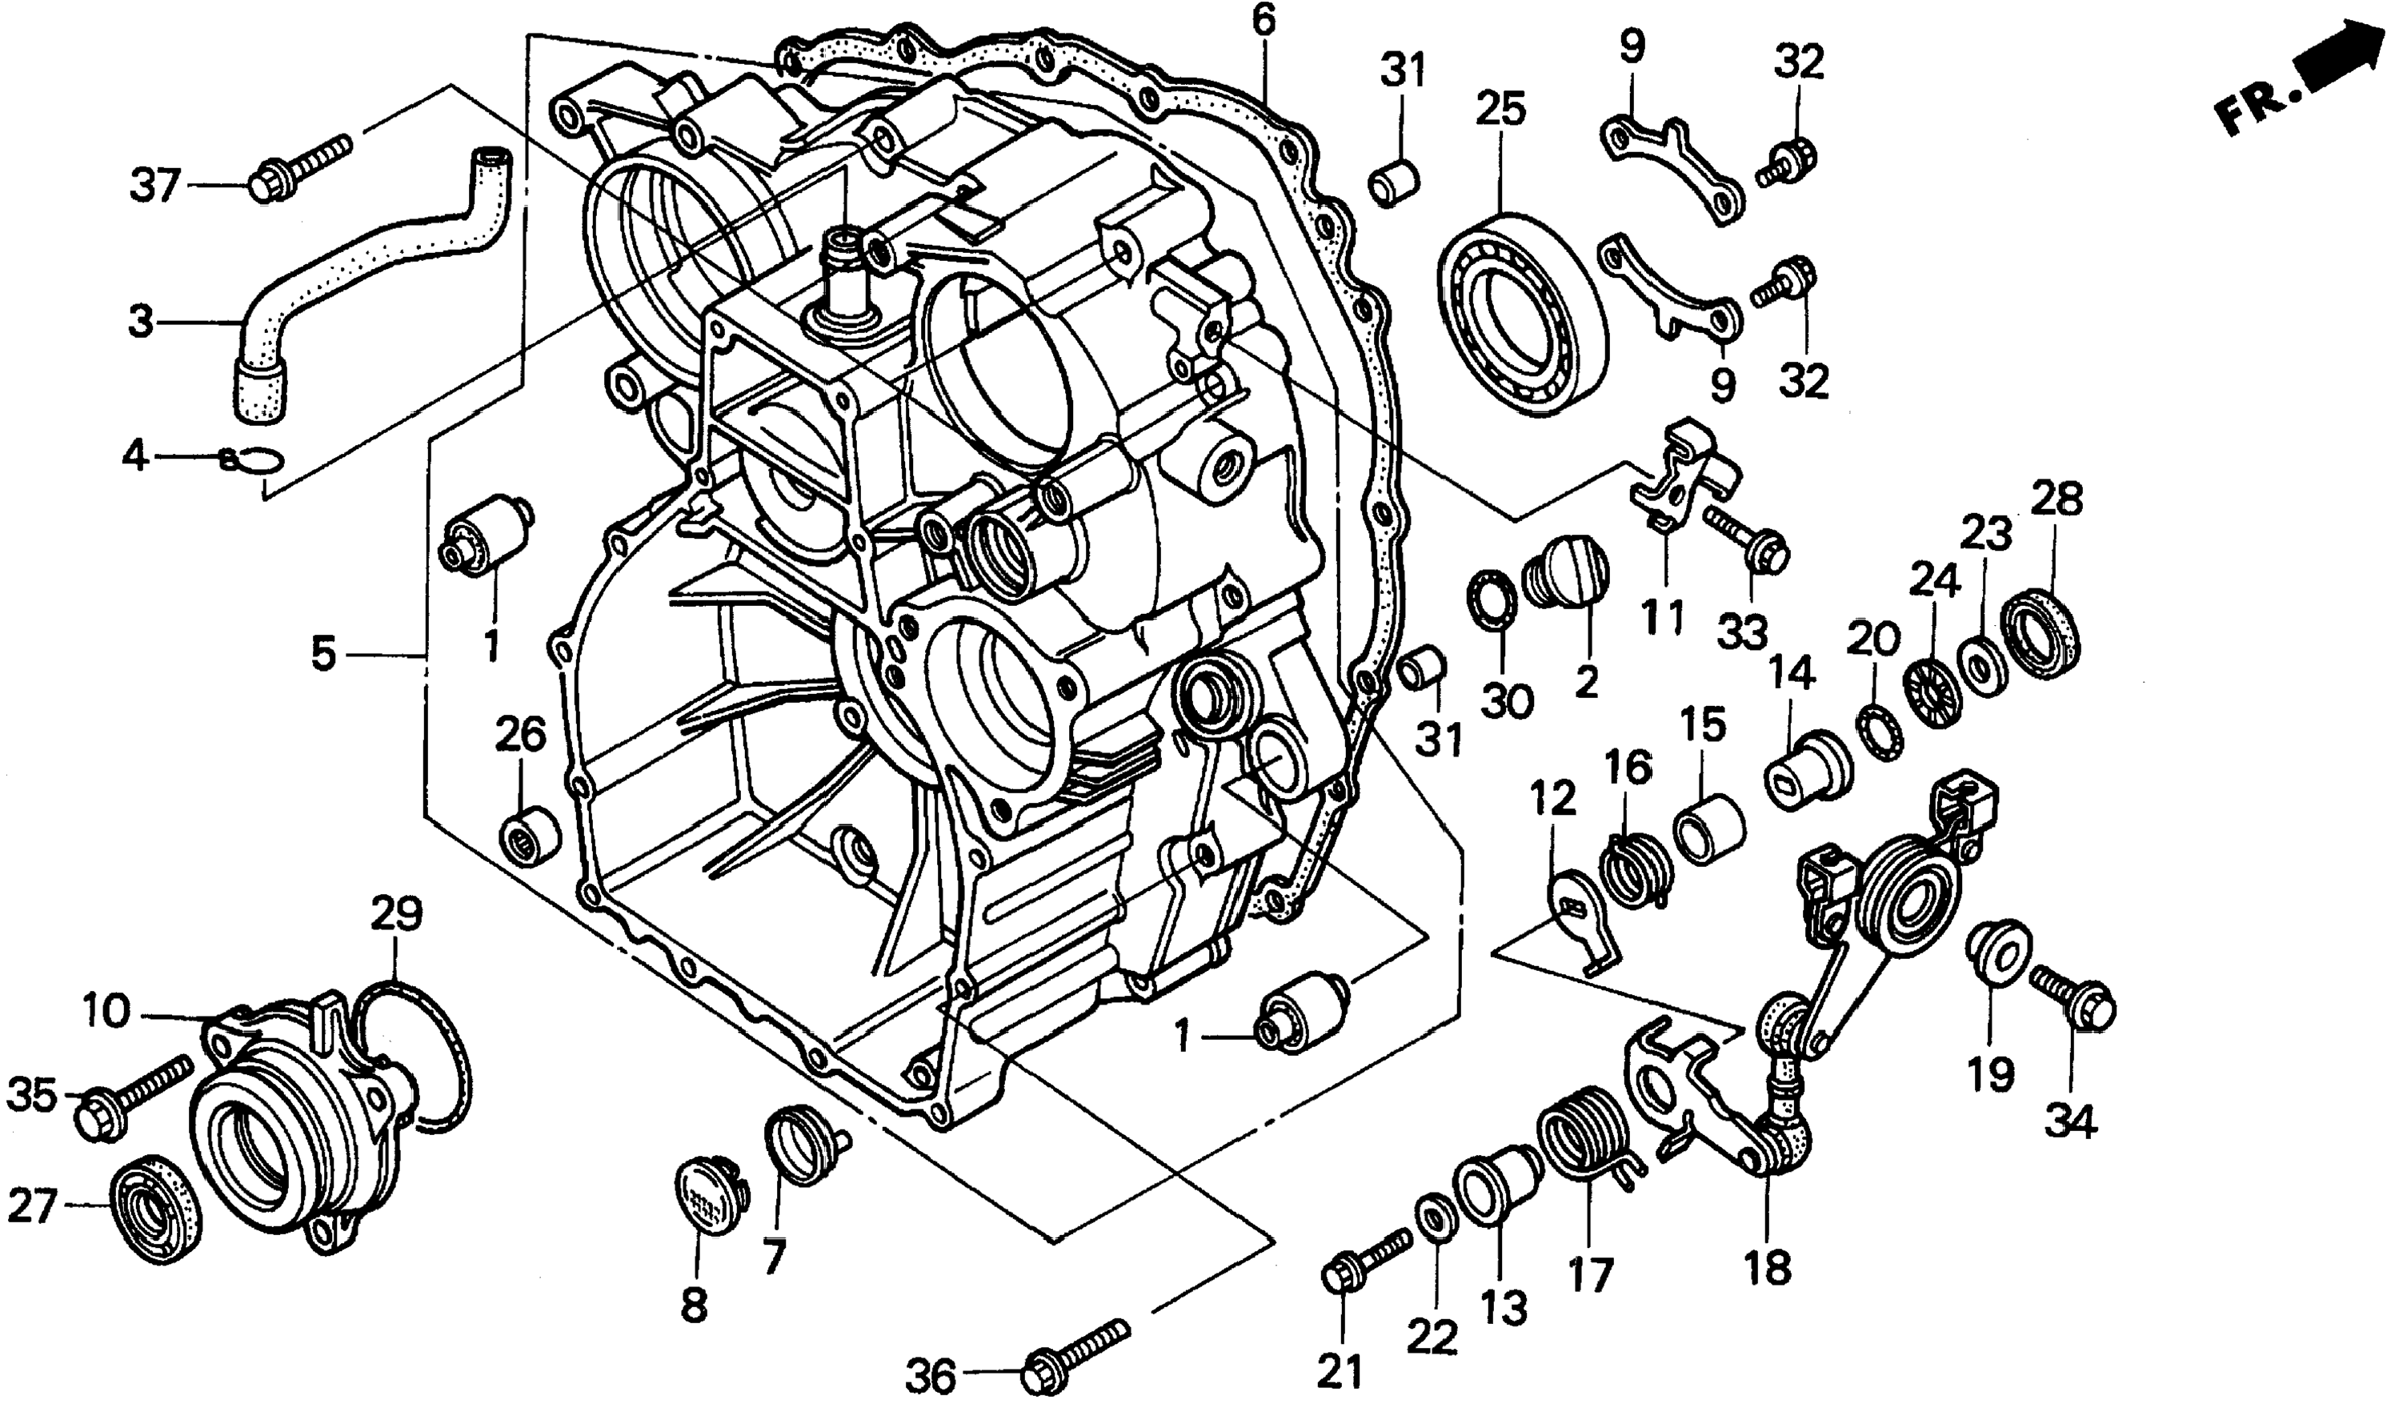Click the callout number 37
click(x=155, y=186)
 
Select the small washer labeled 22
click(x=1432, y=1221)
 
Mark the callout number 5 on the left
click(x=323, y=655)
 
